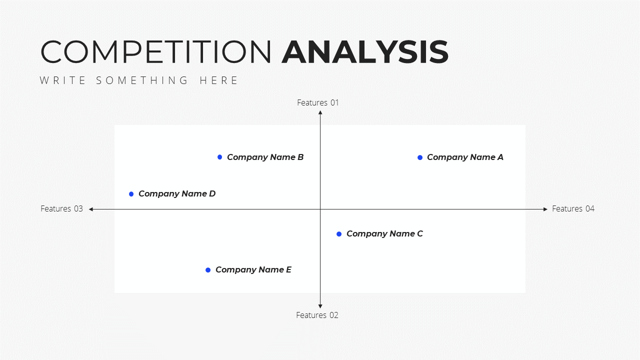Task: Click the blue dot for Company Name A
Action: click(420, 157)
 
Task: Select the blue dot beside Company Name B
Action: click(219, 157)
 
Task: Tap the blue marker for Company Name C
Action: click(339, 234)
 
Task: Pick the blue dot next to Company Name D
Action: click(131, 194)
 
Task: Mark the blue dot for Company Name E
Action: click(208, 270)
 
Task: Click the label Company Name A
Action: click(465, 157)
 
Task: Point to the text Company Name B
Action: click(265, 157)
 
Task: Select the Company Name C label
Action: click(384, 234)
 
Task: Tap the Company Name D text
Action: click(177, 194)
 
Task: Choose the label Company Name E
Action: click(253, 270)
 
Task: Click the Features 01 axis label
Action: click(317, 102)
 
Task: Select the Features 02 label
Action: click(317, 315)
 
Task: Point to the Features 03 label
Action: click(61, 209)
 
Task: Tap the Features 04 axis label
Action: click(573, 209)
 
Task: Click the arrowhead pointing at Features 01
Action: click(320, 112)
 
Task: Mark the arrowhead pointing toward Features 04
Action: click(545, 209)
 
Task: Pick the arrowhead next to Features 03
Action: click(91, 209)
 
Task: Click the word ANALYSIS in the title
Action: click(365, 52)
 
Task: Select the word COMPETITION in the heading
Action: click(156, 52)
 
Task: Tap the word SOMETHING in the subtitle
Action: click(142, 80)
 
